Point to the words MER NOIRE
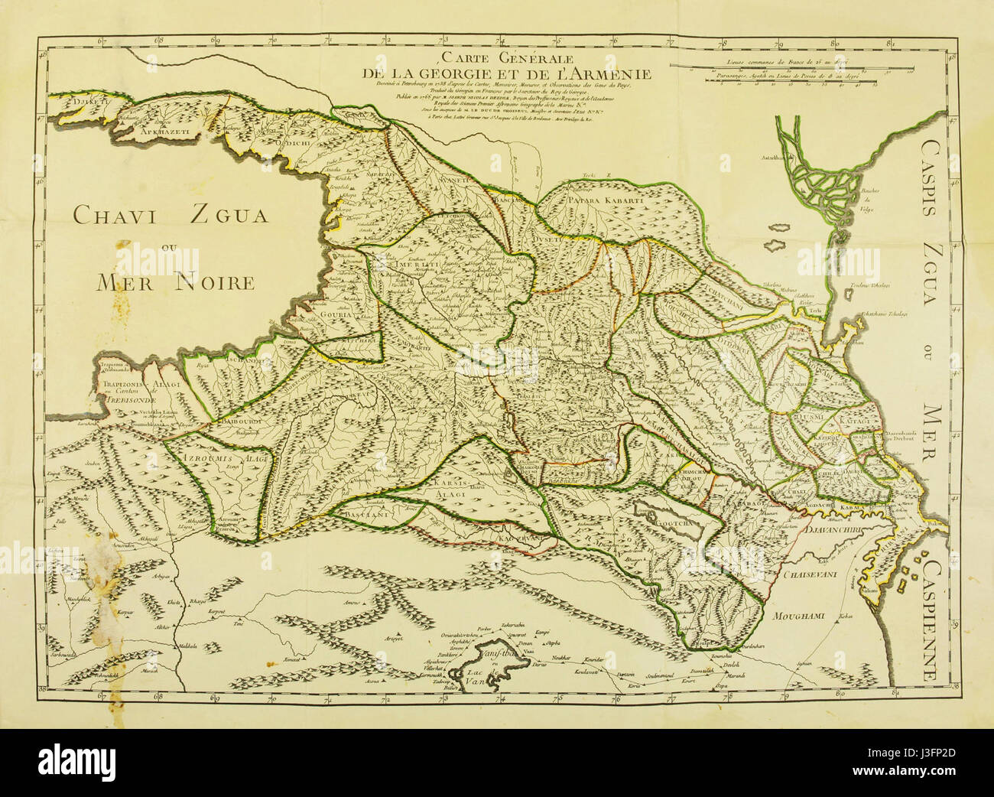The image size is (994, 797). (175, 282)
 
